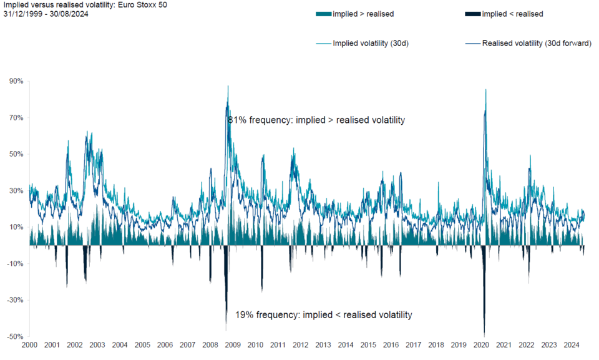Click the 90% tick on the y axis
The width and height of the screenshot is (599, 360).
click(x=16, y=81)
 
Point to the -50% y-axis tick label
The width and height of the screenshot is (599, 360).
click(x=15, y=337)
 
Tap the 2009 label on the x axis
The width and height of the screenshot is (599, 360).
click(x=233, y=345)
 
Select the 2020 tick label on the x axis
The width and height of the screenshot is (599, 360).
click(x=481, y=345)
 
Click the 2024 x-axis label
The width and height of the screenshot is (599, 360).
click(x=572, y=345)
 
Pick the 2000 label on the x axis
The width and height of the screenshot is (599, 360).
click(x=29, y=345)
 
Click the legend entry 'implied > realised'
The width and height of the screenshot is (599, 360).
click(x=355, y=14)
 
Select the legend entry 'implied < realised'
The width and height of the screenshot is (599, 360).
click(x=504, y=14)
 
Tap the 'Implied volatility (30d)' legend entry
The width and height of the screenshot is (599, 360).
click(x=363, y=44)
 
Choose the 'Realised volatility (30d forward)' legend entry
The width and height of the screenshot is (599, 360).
click(x=528, y=44)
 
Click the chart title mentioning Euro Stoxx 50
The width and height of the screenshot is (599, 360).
click(x=85, y=5)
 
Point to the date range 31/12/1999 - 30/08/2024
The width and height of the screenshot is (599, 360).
click(x=46, y=14)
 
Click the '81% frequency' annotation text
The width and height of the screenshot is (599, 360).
click(x=316, y=120)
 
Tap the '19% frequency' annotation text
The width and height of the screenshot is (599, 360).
click(x=324, y=315)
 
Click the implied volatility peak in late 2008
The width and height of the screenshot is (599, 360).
click(x=228, y=86)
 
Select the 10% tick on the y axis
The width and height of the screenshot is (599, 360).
click(x=16, y=227)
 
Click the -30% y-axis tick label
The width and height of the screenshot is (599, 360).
click(x=15, y=300)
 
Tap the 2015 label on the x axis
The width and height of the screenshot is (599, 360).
click(x=368, y=345)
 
